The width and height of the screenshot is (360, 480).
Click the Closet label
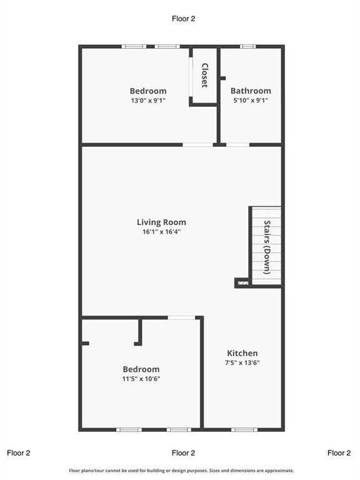205,75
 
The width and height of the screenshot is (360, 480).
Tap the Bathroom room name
251,91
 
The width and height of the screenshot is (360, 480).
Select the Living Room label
161,222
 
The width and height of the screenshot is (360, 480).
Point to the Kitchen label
242,353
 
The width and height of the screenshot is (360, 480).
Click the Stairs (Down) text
267,247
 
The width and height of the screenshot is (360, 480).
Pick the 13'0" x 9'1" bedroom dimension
148,101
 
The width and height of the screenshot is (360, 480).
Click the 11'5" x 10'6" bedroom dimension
141,379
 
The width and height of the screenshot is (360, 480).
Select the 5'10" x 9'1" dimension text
251,100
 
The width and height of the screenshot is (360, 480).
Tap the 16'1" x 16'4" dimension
161,231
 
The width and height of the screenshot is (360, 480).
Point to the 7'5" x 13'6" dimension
242,362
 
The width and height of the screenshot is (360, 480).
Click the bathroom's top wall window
247,46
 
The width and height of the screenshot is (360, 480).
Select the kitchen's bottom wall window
244,430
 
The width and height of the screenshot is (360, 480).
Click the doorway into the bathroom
238,145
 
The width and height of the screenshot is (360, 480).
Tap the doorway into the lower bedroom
181,317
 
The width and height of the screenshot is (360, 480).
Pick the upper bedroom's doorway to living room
197,145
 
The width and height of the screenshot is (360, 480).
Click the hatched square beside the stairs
243,283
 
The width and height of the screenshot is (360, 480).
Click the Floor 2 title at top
183,19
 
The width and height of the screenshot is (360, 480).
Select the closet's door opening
191,77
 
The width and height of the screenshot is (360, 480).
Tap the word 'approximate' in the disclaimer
279,471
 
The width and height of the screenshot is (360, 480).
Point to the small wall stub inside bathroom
223,78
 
